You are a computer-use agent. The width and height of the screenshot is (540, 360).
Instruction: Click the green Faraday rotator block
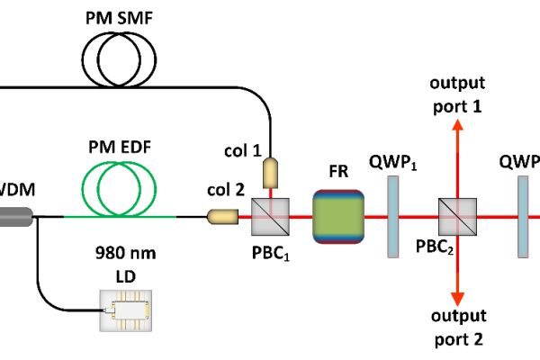pos(337,216)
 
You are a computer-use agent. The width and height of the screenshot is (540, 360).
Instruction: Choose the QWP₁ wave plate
pos(392,216)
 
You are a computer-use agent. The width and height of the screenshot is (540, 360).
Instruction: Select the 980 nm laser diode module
pos(125,310)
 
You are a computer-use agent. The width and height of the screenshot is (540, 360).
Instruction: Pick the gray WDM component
pos(16,216)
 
